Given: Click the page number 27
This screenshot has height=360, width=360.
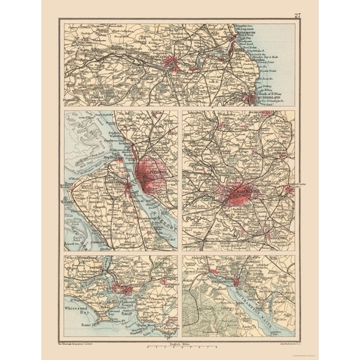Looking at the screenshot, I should [296, 15].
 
